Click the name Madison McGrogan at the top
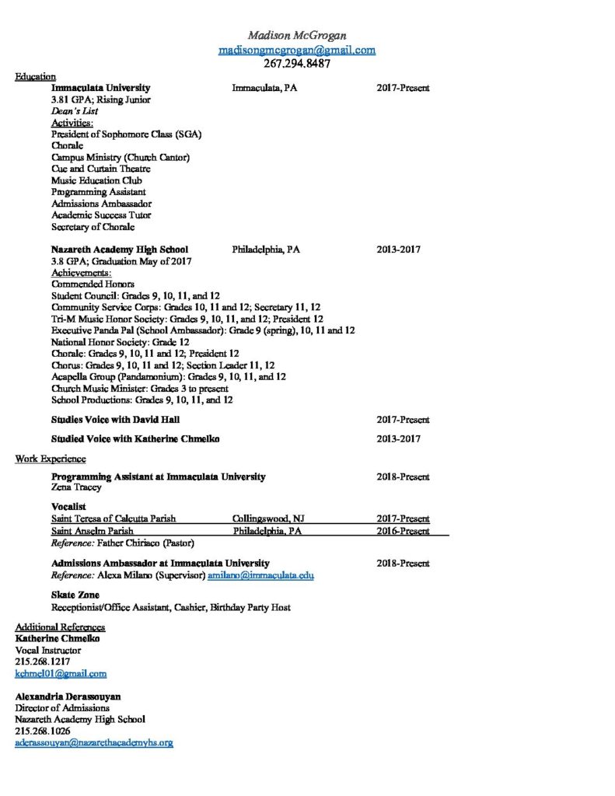point(297,35)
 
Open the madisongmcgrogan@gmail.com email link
point(297,50)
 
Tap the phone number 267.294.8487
point(297,65)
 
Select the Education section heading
point(35,76)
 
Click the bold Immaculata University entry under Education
point(101,88)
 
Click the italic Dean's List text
point(75,111)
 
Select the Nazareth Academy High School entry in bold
point(120,250)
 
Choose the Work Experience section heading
point(51,459)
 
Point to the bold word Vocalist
point(68,507)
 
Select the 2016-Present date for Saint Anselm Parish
point(403,531)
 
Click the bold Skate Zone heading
point(75,595)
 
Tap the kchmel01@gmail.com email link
point(61,673)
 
